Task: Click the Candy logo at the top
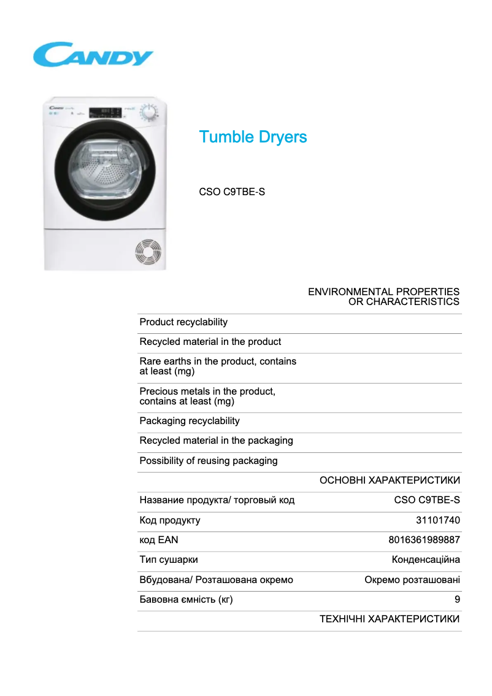pos(93,55)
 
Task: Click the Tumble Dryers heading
pos(253,137)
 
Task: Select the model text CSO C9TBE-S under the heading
pos(232,192)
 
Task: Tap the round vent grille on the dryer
pos(148,252)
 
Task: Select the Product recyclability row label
pos(183,322)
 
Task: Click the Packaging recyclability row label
pos(190,421)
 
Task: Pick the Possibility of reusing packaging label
pos(209,461)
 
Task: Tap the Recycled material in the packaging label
pos(216,441)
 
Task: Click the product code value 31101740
pos(438,520)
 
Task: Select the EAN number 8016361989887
pos(424,540)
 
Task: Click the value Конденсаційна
pos(426,560)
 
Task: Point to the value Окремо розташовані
pos(412,580)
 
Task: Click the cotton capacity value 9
pos(457,600)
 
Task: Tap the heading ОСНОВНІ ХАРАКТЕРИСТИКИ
pos(390,481)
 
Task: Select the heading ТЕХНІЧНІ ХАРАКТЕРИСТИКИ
pos(390,619)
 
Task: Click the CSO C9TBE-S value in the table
pos(427,500)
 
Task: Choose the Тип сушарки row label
pos(169,560)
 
